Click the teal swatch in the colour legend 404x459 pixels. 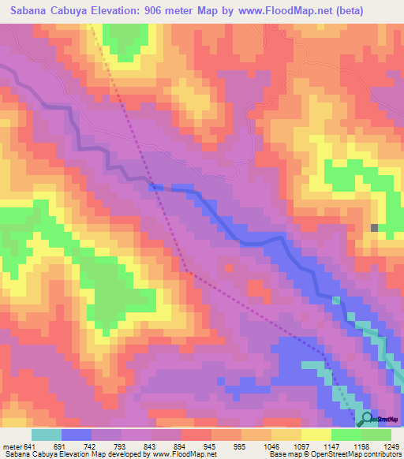(47, 435)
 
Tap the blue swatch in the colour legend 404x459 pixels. (77, 435)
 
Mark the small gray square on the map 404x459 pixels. (374, 228)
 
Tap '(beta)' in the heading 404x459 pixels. (379, 10)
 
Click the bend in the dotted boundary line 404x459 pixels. (185, 271)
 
